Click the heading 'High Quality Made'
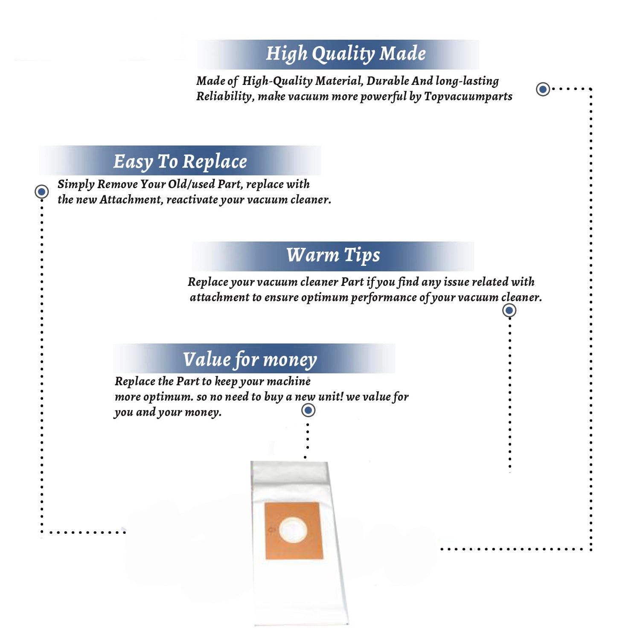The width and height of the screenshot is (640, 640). click(346, 54)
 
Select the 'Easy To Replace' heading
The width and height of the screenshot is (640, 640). click(180, 162)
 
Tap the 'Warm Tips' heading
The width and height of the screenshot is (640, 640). click(333, 255)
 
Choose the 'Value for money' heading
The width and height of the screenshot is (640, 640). click(250, 359)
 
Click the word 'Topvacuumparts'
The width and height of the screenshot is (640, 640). click(468, 96)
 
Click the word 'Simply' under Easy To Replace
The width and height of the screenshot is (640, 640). click(76, 184)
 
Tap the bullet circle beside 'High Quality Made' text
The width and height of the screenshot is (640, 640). click(543, 89)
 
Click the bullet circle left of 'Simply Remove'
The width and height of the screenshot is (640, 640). click(42, 192)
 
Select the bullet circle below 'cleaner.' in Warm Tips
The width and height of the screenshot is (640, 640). click(509, 310)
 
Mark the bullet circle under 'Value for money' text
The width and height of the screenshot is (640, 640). click(308, 410)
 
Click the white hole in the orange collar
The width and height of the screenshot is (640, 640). click(293, 531)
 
